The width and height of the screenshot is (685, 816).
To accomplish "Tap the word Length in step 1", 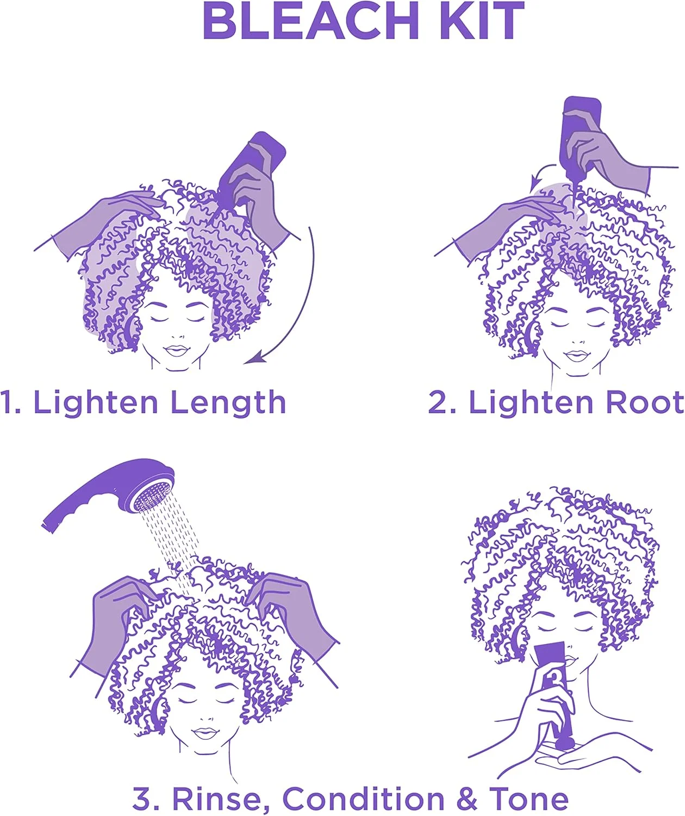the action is coord(228,403).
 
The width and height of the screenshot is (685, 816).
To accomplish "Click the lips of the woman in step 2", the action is coord(577,356).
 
